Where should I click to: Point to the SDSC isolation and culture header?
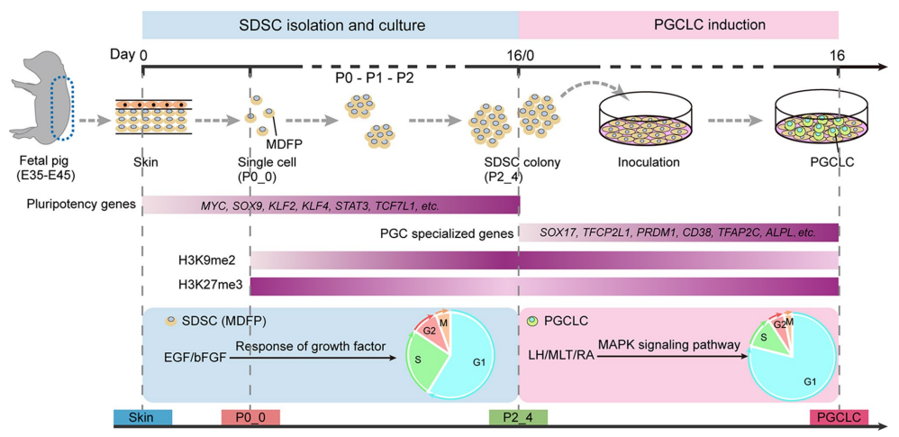click(x=330, y=23)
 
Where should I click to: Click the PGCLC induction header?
click(x=678, y=23)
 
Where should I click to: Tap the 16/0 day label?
click(x=519, y=55)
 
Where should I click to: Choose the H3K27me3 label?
click(x=206, y=287)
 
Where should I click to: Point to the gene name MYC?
click(x=214, y=206)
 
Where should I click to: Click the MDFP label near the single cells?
click(x=282, y=141)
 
